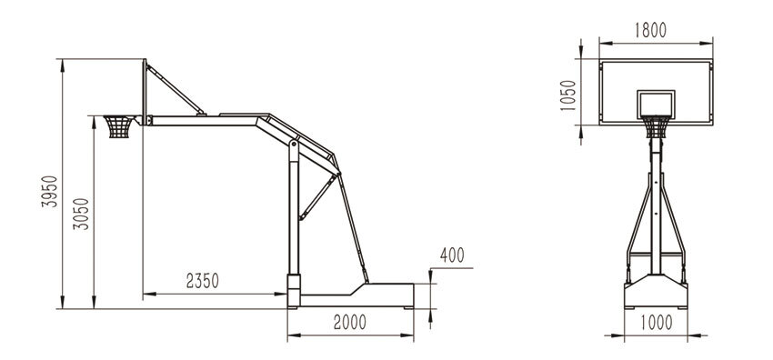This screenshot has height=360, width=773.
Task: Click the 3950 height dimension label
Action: [49, 191]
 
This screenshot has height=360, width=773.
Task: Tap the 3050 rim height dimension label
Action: [81, 214]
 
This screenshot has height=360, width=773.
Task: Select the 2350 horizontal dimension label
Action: [202, 281]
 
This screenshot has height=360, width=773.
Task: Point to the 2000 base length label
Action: [349, 322]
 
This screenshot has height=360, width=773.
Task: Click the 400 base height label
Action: [452, 255]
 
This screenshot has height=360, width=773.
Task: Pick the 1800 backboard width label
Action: [650, 30]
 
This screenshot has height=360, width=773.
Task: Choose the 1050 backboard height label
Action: [568, 95]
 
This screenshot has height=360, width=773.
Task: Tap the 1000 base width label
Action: [657, 323]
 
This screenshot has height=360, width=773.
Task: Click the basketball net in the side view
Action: [119, 126]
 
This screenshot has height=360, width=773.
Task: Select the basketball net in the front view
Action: [656, 127]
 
